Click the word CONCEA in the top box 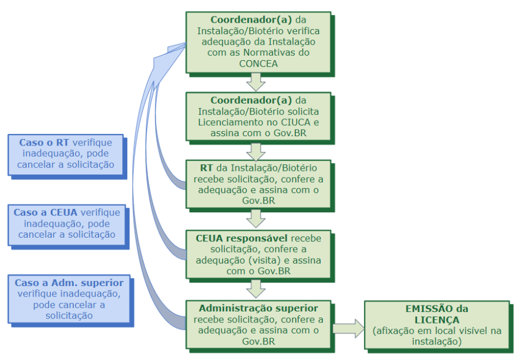pos(258,63)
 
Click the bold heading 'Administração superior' pos(258,308)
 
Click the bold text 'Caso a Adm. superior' pos(68,282)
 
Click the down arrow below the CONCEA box pos(256,82)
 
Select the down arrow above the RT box pos(256,150)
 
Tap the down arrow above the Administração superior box pos(256,288)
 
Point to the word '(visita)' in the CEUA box pos(272,260)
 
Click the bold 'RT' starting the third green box pos(207,167)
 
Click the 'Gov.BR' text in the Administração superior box pos(258,341)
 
